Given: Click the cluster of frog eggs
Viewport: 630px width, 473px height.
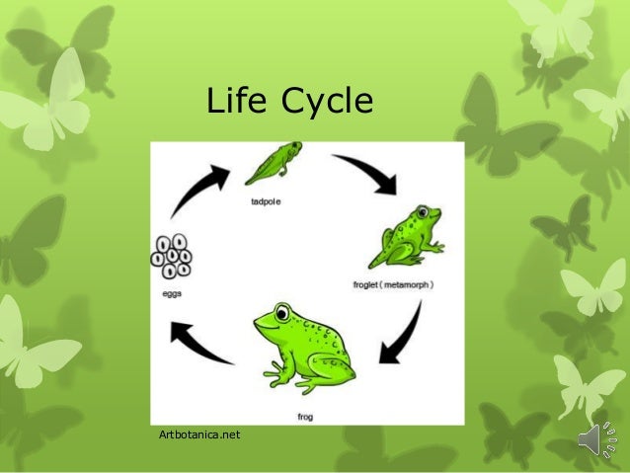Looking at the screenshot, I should pyautogui.click(x=172, y=255).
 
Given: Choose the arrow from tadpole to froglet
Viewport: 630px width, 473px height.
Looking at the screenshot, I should pyautogui.click(x=367, y=172).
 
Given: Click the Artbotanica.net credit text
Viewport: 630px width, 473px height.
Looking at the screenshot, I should pyautogui.click(x=198, y=434).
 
